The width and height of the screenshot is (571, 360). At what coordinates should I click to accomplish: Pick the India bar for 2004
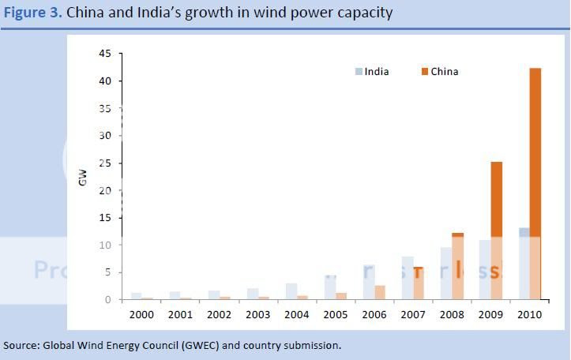click(291, 291)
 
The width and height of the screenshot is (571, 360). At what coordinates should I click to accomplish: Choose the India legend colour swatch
click(359, 72)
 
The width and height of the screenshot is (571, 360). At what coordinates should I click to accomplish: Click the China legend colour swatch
click(424, 72)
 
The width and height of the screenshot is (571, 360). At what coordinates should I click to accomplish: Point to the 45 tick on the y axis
click(104, 54)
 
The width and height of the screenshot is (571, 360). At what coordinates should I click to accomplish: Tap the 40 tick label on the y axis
click(104, 81)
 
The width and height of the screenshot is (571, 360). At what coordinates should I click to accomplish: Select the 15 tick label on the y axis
click(104, 218)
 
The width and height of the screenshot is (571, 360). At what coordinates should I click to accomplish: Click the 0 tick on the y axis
click(107, 300)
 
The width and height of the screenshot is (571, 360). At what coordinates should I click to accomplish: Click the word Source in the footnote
click(21, 346)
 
